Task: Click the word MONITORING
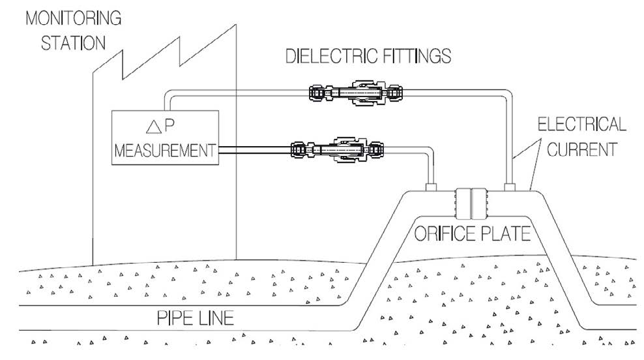[x=72, y=18]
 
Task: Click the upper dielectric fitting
[x=355, y=93]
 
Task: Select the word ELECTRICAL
[x=583, y=124]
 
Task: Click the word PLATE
[x=502, y=233]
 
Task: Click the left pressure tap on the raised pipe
[x=432, y=187]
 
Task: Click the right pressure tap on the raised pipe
[x=510, y=187]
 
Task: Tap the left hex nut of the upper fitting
[x=317, y=93]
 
